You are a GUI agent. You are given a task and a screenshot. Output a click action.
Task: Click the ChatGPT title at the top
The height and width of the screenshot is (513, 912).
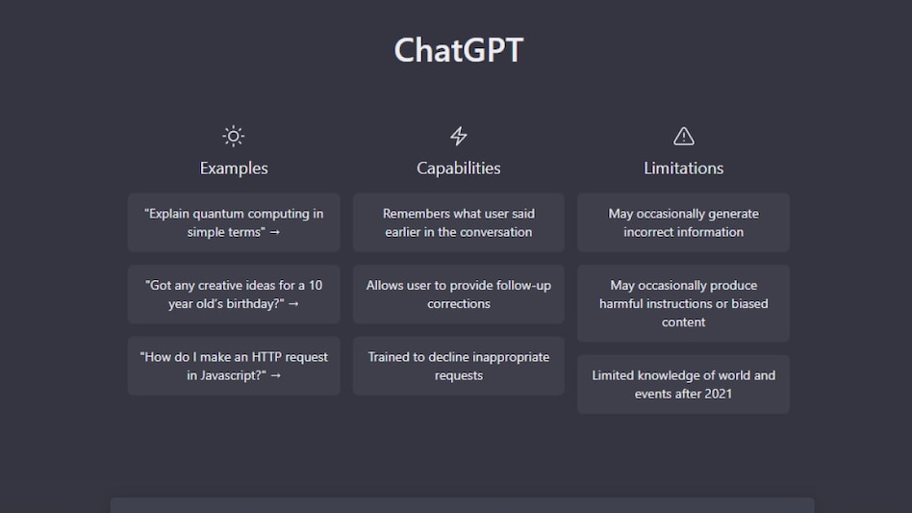(x=458, y=50)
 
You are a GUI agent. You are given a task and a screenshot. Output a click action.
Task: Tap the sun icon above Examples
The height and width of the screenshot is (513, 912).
(x=233, y=136)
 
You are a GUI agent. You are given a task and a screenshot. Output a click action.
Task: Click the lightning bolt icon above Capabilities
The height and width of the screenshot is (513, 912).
(x=458, y=136)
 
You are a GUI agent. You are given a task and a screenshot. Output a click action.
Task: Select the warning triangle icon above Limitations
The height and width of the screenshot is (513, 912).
(x=683, y=136)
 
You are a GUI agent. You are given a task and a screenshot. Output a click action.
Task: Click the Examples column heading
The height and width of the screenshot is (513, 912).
(x=234, y=168)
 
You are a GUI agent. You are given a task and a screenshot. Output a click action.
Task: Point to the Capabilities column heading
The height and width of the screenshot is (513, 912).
(x=458, y=168)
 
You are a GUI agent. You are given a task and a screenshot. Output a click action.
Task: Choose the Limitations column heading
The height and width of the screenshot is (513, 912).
(x=683, y=168)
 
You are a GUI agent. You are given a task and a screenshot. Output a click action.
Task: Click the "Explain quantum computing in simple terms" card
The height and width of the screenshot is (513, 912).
(x=234, y=222)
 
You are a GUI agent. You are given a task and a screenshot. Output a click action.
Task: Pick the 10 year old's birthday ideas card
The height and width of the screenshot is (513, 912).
(x=234, y=295)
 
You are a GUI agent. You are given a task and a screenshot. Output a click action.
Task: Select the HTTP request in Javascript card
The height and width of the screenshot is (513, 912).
(x=234, y=366)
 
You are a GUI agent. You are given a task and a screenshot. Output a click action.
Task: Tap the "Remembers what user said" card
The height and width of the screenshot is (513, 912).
(x=458, y=222)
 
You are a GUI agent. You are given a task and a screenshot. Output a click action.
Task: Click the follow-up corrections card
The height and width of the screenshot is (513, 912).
(x=458, y=295)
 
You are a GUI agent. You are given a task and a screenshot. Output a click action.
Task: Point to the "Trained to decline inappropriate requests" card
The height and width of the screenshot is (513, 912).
(x=458, y=366)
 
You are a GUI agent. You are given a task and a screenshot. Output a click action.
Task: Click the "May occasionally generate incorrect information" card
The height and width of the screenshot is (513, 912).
(x=683, y=222)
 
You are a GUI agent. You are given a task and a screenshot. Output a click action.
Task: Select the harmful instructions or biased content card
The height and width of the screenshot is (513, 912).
(x=683, y=303)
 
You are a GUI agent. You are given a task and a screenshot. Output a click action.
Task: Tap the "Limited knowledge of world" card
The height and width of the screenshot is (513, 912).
(x=683, y=384)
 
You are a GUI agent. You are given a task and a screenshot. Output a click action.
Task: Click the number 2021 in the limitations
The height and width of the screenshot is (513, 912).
(x=718, y=394)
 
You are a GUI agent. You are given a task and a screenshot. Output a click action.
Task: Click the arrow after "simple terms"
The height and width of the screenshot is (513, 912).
(x=274, y=232)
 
